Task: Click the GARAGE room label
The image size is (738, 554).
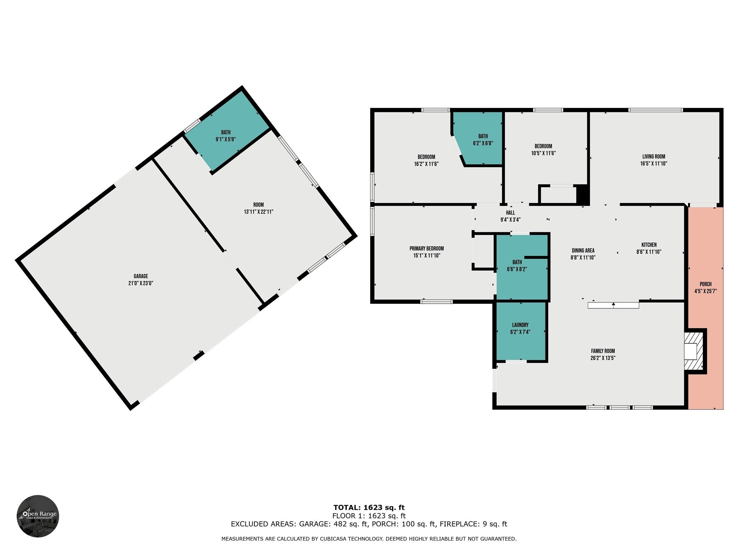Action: [x=141, y=276]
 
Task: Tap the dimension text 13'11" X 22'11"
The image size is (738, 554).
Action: [x=258, y=212]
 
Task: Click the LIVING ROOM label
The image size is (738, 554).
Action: [x=653, y=157]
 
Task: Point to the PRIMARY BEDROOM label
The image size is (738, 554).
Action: [x=426, y=249]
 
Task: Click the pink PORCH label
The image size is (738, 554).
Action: [x=705, y=284]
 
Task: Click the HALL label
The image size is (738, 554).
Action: [x=510, y=213]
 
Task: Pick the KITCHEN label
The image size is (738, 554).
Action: [x=649, y=245]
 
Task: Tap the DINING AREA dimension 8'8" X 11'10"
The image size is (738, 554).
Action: [x=583, y=258]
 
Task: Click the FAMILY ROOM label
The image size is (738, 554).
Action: [x=603, y=351]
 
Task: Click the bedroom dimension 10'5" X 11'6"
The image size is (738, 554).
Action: [x=543, y=153]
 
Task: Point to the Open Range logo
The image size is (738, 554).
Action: [x=38, y=516]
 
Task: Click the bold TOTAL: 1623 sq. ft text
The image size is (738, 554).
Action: [x=369, y=507]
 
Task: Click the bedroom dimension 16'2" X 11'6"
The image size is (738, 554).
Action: [x=426, y=164]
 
